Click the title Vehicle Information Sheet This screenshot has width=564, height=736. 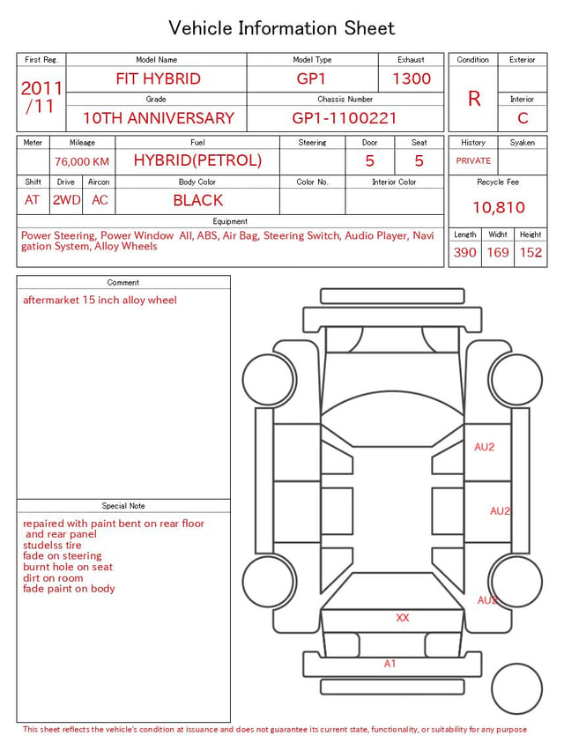pyautogui.click(x=281, y=28)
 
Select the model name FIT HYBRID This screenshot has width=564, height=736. pyautogui.click(x=158, y=78)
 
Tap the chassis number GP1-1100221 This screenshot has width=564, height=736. pyautogui.click(x=345, y=118)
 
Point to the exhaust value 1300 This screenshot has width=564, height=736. pyautogui.click(x=412, y=78)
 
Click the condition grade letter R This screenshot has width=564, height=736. pyautogui.click(x=474, y=99)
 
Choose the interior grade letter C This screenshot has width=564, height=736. pyautogui.click(x=523, y=118)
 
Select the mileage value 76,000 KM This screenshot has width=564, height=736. pyautogui.click(x=82, y=162)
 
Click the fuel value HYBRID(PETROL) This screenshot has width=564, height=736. pyautogui.click(x=197, y=160)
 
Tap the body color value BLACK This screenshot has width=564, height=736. pyautogui.click(x=198, y=200)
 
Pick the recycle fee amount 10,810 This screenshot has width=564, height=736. pyautogui.click(x=498, y=207)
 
